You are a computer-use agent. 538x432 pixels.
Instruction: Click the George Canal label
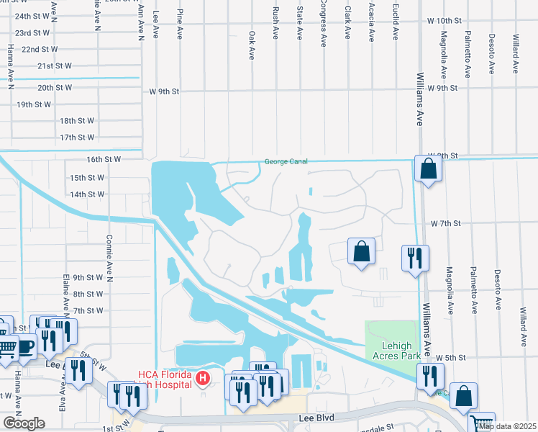[286, 161]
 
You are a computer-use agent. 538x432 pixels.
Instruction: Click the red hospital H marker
[204, 377]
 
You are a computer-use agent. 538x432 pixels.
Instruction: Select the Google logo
[23, 423]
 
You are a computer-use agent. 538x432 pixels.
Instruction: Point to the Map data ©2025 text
[507, 426]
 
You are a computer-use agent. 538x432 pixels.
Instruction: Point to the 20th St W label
[55, 88]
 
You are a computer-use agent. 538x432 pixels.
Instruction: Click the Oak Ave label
[252, 45]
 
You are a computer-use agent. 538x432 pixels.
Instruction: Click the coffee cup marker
[26, 346]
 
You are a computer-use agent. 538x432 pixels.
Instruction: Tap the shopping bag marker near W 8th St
[428, 169]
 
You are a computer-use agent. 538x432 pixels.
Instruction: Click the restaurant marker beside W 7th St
[415, 257]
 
